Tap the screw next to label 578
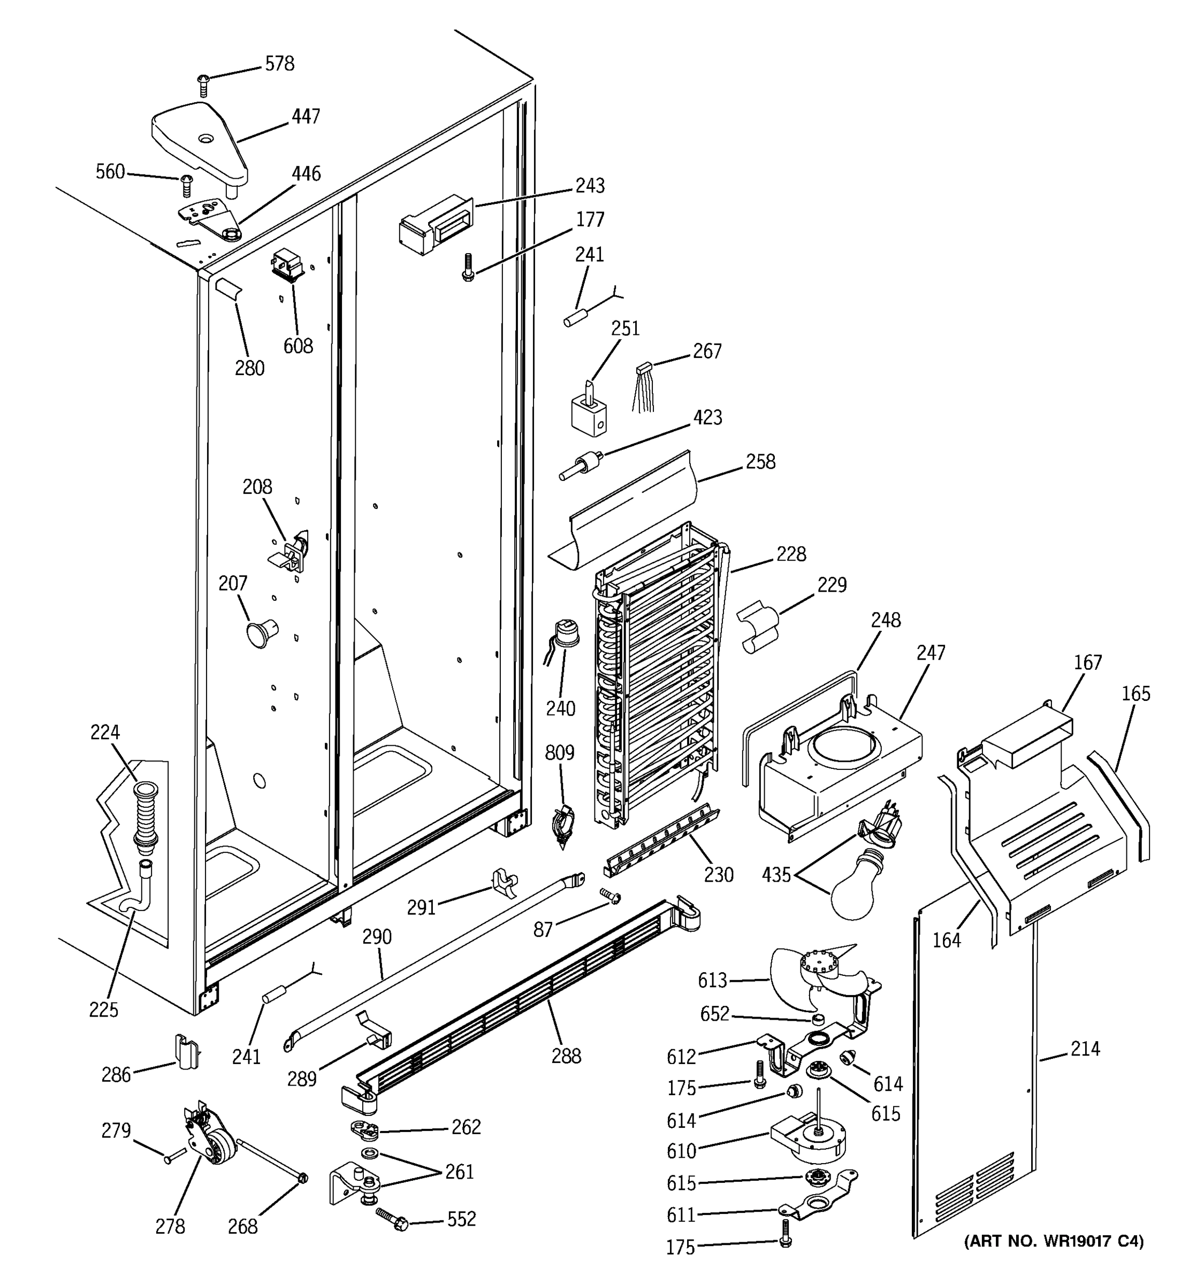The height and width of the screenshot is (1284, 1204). click(203, 85)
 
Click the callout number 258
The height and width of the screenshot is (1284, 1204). click(760, 462)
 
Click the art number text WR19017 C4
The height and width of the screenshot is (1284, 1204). click(1053, 1241)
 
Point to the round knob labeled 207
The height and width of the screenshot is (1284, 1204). click(260, 632)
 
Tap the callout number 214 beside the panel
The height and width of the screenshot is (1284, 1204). click(1085, 1049)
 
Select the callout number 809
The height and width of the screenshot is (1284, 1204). click(559, 752)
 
